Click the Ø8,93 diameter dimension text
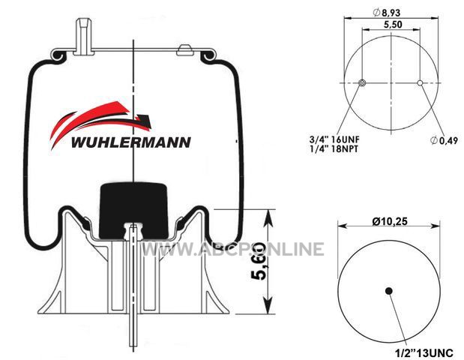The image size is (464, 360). tap(387, 13)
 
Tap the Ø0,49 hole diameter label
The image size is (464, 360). tap(444, 140)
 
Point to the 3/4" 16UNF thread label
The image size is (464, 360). tap(334, 139)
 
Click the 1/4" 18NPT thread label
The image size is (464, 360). tap(334, 148)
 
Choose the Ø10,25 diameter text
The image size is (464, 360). tap(390, 221)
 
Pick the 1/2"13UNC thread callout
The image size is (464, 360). tap(424, 353)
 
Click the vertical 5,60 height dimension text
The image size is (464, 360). tap(258, 261)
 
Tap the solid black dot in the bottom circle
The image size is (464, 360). tap(389, 291)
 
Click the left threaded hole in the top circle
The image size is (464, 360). tap(361, 83)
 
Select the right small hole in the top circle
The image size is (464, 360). tap(420, 83)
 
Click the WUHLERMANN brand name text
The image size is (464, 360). tap(130, 142)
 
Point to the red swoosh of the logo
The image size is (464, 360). tap(88, 120)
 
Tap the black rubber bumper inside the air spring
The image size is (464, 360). tap(133, 211)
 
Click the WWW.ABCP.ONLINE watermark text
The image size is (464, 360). tap(233, 249)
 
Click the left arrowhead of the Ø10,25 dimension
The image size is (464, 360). tap(343, 226)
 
